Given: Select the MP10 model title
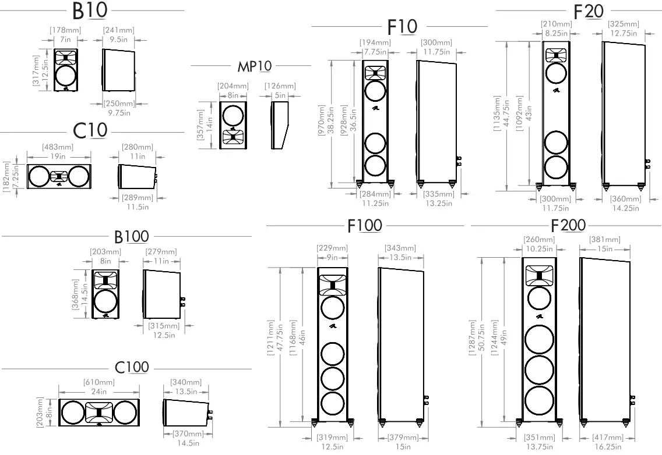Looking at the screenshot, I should point(255,66).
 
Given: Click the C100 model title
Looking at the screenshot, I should point(132,367).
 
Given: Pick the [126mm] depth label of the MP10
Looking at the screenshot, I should point(280,86).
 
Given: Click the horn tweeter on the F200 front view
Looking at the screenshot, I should point(539,275).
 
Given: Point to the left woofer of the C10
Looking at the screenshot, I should point(40,176).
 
